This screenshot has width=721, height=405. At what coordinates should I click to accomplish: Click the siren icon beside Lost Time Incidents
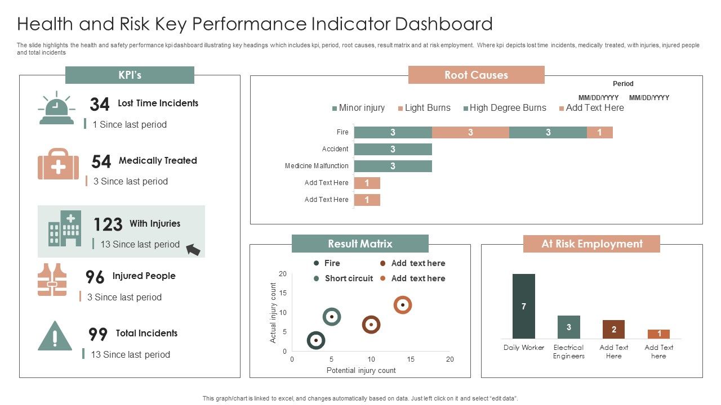point(56,109)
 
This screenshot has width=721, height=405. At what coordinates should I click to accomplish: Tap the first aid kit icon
point(58,164)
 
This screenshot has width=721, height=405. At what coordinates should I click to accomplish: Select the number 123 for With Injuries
point(108,224)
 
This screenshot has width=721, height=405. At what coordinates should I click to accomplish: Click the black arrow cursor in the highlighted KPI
point(193,249)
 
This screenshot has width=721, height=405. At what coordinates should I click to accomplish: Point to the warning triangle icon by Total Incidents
point(55,336)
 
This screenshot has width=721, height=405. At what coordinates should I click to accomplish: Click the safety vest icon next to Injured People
point(52,280)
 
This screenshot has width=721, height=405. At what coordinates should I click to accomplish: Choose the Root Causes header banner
point(476,75)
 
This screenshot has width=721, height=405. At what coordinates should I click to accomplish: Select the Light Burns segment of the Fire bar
point(470,133)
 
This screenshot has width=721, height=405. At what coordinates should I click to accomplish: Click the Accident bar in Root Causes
point(393,149)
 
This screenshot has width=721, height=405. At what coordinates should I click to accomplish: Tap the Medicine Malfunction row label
point(317,166)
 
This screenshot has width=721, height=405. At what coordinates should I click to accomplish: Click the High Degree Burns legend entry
point(504,108)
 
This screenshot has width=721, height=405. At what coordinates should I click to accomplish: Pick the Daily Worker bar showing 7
point(523,307)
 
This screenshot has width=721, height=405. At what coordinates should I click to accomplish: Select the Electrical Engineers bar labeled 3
point(568,327)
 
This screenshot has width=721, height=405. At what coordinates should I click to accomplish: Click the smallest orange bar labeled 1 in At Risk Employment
point(658,334)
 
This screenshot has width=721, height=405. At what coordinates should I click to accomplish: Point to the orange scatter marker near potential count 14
point(402,305)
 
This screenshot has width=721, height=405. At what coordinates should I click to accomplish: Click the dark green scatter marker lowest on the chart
point(316,340)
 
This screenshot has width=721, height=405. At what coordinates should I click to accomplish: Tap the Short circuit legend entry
point(343,278)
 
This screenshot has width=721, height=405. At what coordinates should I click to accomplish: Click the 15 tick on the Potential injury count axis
point(411,359)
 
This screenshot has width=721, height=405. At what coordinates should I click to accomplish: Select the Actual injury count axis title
point(273,313)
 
